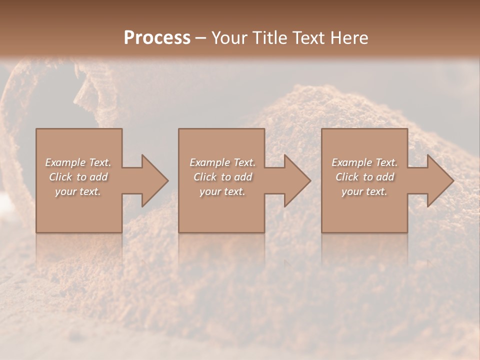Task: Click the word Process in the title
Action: (x=157, y=38)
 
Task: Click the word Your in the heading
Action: (x=229, y=38)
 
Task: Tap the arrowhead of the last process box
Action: (x=439, y=180)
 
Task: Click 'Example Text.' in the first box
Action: (x=78, y=162)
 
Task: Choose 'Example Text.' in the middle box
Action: (x=222, y=162)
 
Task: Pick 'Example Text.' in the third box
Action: (x=364, y=162)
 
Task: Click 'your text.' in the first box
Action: (x=78, y=191)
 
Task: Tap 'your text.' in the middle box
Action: (x=222, y=191)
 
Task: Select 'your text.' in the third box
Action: (x=364, y=191)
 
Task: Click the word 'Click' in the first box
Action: (x=60, y=177)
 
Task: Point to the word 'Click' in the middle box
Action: (x=204, y=177)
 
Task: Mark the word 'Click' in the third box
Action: (x=346, y=177)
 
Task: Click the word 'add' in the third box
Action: (x=385, y=177)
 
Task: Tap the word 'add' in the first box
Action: (x=98, y=177)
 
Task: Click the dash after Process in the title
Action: (x=200, y=38)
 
